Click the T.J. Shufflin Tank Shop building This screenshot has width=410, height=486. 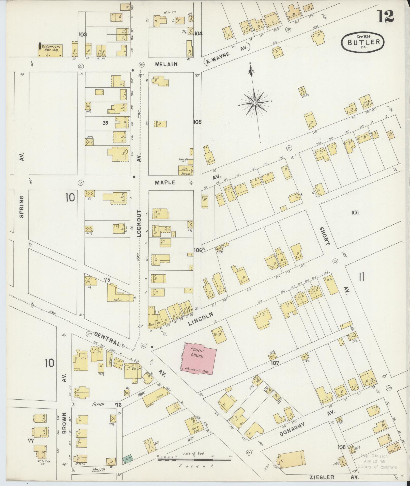50,51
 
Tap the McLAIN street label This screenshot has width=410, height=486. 166,64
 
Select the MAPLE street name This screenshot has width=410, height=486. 165,182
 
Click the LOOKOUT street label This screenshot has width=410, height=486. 139,224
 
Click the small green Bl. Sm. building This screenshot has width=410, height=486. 127,459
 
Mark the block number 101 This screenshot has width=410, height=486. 355,213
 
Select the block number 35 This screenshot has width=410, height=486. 105,123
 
